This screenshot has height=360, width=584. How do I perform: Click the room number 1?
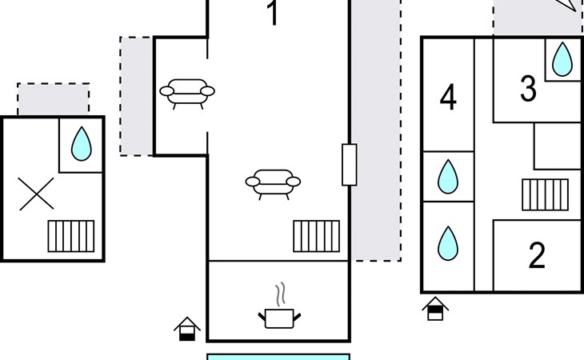pos(274,13)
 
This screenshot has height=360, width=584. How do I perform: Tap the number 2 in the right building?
pos(537,255)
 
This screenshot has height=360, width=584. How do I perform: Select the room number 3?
pos(528,89)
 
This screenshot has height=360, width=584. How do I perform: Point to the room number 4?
pos(448,97)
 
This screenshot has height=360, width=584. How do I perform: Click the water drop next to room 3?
pos(562,59)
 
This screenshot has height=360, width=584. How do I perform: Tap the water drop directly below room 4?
pos(448,177)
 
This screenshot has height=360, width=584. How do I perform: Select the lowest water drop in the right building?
pos(448,243)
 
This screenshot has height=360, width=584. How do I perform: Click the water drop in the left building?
pos(81,144)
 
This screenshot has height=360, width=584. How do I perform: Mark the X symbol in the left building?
pos(36,194)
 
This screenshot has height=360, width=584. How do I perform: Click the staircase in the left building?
pos(71,237)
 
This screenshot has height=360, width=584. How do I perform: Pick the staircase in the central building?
pos(317,237)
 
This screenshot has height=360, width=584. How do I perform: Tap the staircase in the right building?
pos(546,194)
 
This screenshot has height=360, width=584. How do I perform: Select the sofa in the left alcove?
pos(187,94)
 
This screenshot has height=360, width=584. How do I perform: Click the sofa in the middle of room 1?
pos(273,184)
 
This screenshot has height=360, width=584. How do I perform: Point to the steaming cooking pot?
pos(279,306)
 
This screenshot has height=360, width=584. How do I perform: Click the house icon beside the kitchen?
pos(187,329)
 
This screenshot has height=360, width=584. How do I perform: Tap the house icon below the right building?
pos(435,309)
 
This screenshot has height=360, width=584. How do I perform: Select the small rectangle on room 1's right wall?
pos(350,165)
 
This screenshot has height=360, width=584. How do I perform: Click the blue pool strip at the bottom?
pos(278,357)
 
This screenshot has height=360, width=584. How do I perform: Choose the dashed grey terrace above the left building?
pos(54,99)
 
